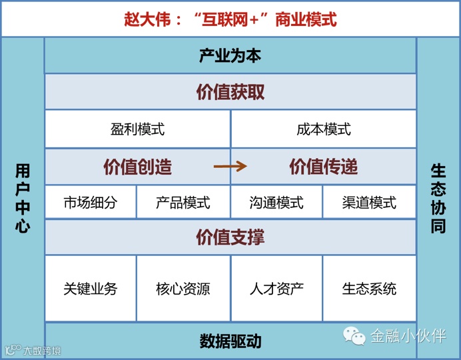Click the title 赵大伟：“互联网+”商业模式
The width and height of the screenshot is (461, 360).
(230, 19)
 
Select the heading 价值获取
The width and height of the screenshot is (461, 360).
(230, 92)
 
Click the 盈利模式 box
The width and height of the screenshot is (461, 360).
(138, 129)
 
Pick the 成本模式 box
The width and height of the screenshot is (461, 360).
(324, 129)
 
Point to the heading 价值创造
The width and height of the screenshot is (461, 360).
(138, 167)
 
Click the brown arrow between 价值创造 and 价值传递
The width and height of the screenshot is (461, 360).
(230, 167)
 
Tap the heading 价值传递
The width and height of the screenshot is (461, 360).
(324, 167)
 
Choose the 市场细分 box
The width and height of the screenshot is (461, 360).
(91, 202)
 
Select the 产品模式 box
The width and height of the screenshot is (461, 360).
(183, 202)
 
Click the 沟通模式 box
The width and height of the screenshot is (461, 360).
(276, 202)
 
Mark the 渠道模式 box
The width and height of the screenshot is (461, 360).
(370, 202)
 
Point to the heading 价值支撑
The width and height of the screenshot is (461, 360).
(230, 237)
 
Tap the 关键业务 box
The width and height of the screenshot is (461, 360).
(91, 289)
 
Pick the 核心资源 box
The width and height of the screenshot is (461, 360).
(183, 289)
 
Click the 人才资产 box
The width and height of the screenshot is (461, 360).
(276, 289)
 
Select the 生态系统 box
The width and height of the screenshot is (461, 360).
(370, 289)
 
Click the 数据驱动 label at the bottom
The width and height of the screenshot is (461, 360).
(230, 341)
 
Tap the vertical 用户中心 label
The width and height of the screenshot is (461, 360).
(23, 198)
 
